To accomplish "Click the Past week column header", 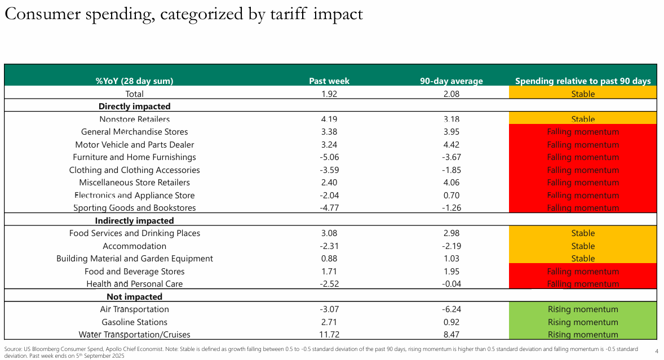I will [x=329, y=81].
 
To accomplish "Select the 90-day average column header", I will [x=451, y=81].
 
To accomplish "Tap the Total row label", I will [x=134, y=94].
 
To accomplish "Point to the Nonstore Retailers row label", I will [x=134, y=119].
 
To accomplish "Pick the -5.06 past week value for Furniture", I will [x=329, y=157].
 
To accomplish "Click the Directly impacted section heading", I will [x=134, y=106].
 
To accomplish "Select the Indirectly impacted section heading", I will [x=134, y=221].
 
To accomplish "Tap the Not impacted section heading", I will [x=134, y=297].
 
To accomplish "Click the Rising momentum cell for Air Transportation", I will [x=583, y=309].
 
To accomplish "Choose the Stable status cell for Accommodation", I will [x=583, y=246].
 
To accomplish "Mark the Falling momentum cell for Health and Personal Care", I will [x=583, y=284].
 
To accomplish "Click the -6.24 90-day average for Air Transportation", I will [x=451, y=309].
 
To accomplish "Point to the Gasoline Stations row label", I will [x=134, y=322].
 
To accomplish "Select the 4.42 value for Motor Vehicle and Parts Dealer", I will [x=451, y=145].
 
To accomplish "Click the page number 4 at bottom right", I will [x=657, y=352].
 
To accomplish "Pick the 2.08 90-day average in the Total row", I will [x=451, y=94].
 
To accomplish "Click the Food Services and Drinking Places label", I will [x=134, y=233].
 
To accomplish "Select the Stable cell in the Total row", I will [x=583, y=94].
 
